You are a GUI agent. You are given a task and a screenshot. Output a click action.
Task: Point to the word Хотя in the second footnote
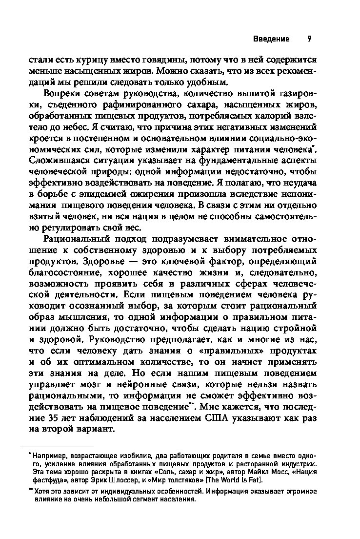[42, 492]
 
